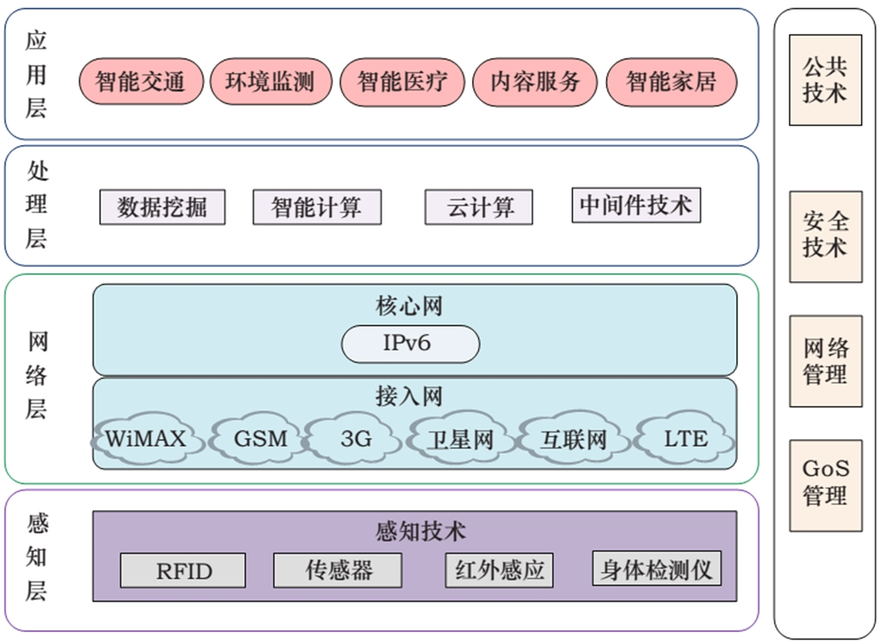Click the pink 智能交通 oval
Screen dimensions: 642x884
tap(140, 81)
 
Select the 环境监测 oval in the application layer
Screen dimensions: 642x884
tap(271, 81)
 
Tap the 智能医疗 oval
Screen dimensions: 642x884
tap(401, 81)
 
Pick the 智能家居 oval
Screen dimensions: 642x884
tap(671, 81)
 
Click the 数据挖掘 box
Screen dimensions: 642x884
tap(162, 208)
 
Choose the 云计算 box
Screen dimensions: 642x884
tap(478, 208)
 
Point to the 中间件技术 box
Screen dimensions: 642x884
tap(636, 205)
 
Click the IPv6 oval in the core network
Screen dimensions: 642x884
tap(410, 344)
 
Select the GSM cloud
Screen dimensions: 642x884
tap(260, 439)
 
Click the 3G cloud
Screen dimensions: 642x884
tap(355, 439)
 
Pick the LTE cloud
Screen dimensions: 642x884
tap(685, 439)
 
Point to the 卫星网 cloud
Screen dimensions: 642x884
tap(460, 439)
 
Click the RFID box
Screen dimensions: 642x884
tap(183, 571)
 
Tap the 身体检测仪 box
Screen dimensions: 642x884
tap(656, 568)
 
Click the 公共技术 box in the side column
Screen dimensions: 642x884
tap(825, 80)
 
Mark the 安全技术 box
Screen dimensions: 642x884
tap(825, 236)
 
